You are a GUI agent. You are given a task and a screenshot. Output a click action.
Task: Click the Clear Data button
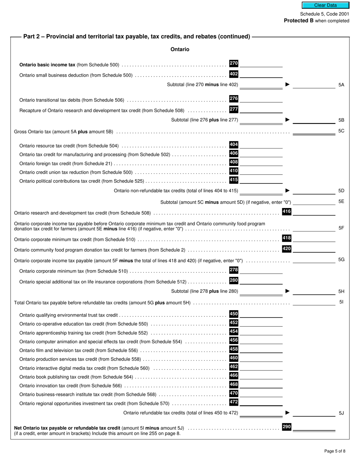pyautogui.click(x=325, y=5)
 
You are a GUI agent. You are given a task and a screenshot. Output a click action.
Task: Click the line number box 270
pyautogui.click(x=234, y=64)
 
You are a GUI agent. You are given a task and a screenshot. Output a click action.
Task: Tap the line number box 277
pyautogui.click(x=234, y=109)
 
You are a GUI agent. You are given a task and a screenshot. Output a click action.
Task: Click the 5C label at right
pyautogui.click(x=341, y=131)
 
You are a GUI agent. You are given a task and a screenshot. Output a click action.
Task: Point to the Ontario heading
pyautogui.click(x=180, y=49)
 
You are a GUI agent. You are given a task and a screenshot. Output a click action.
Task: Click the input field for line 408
pyautogui.click(x=261, y=163)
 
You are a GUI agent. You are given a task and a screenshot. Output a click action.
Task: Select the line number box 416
pyautogui.click(x=286, y=211)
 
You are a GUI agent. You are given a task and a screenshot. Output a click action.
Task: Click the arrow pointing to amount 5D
pyautogui.click(x=288, y=191)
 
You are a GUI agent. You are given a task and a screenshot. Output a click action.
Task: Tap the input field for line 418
pyautogui.click(x=314, y=238)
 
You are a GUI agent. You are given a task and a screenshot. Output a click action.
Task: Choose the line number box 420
pyautogui.click(x=286, y=249)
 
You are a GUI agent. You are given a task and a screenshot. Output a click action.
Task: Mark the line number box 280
pyautogui.click(x=234, y=280)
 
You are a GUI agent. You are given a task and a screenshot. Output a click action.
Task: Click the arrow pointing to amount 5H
pyautogui.click(x=288, y=291)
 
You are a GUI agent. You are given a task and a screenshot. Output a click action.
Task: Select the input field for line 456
pyautogui.click(x=261, y=341)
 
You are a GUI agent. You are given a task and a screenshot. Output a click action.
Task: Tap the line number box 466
pyautogui.click(x=234, y=375)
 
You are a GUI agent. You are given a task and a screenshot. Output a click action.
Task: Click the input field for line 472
pyautogui.click(x=261, y=402)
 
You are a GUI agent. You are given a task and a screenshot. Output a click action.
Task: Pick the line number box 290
pyautogui.click(x=286, y=427)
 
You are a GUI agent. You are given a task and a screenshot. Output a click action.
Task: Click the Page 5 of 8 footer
pyautogui.click(x=335, y=451)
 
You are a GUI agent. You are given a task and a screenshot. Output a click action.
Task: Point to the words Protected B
pyautogui.click(x=299, y=21)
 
